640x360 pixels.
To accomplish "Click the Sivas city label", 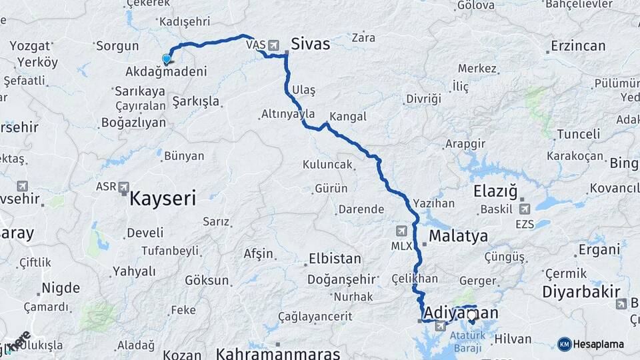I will click(x=310, y=45).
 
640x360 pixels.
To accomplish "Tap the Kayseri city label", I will click(x=163, y=198).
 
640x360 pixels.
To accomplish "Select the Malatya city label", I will click(x=458, y=236).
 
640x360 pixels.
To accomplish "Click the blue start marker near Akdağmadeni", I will click(x=167, y=59).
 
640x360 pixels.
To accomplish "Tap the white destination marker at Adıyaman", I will click(x=472, y=315).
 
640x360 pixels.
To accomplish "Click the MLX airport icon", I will click(x=401, y=231).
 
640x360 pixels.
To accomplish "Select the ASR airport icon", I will click(x=123, y=188).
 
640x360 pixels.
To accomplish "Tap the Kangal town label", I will click(x=348, y=117).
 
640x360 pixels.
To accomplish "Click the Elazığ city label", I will click(x=495, y=192).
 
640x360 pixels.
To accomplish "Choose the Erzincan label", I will click(x=578, y=46).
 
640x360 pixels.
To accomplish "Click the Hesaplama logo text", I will click(x=598, y=344).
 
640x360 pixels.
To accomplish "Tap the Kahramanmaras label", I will click(x=278, y=353).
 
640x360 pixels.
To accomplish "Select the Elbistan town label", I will click(x=335, y=259).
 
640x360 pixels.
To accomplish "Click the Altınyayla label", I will click(x=287, y=115).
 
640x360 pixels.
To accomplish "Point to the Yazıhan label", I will click(x=433, y=203).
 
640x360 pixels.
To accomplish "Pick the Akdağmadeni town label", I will click(x=166, y=71).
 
